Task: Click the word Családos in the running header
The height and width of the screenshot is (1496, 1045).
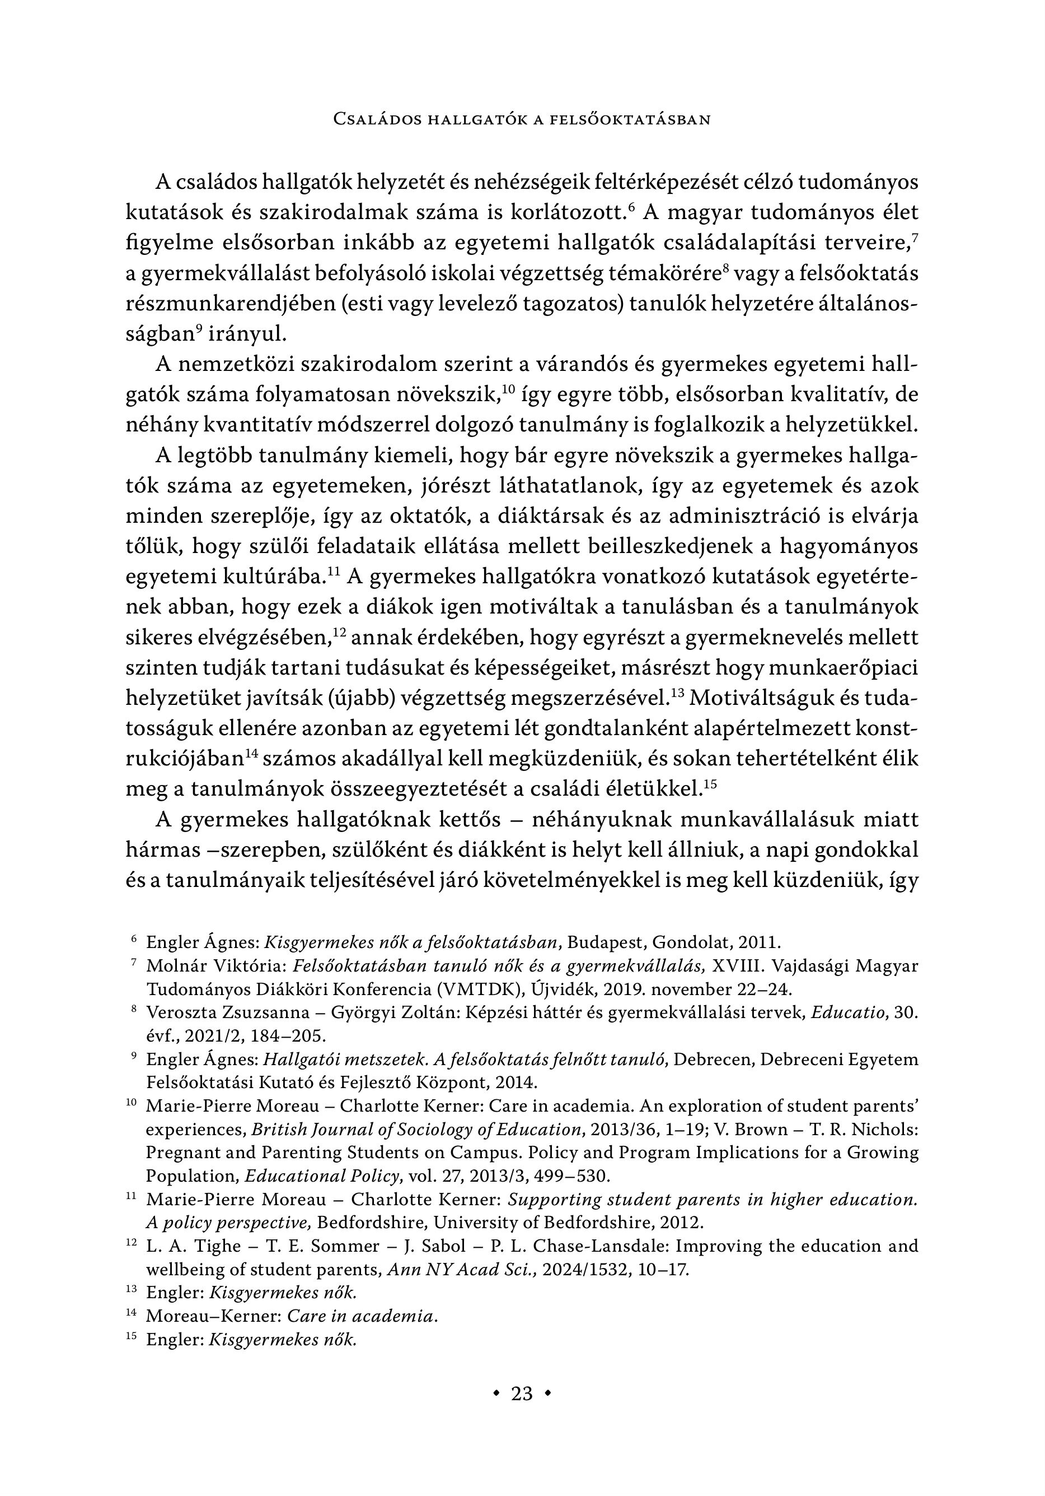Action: point(375,119)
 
